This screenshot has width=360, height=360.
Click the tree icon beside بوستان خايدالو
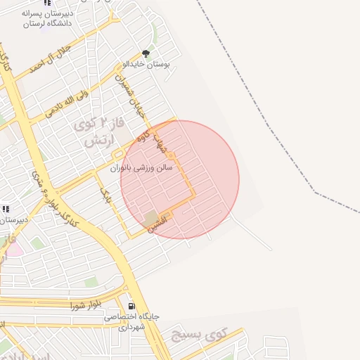146,53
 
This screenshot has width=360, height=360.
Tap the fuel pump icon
131,306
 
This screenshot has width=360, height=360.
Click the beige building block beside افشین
151,217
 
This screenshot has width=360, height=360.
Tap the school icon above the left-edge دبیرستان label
6,209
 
